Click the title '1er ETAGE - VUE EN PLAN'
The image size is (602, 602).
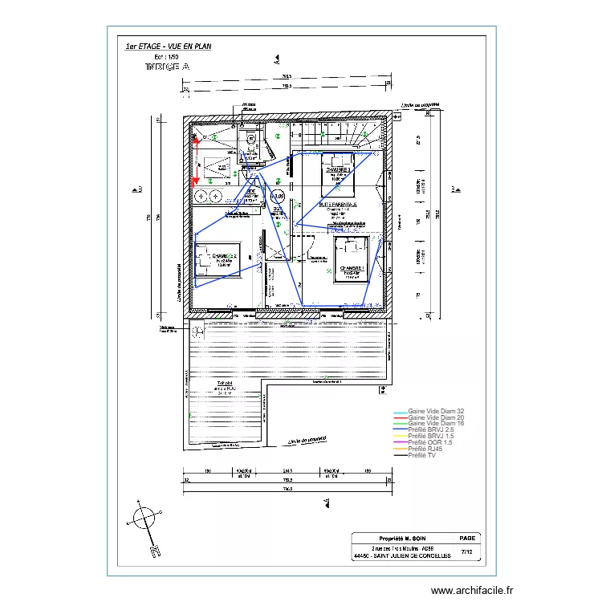(167, 47)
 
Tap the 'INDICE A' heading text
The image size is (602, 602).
(167, 67)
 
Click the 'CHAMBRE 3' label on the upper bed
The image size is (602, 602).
(339, 171)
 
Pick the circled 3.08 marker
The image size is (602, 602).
(278, 195)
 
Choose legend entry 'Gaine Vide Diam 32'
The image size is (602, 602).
(437, 411)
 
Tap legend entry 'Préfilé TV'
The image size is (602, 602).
(422, 455)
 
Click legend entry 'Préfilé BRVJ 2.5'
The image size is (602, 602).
(431, 430)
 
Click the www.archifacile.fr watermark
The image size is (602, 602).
(471, 591)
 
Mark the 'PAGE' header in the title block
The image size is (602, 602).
(468, 539)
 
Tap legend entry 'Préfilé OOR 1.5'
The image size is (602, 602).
(430, 442)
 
